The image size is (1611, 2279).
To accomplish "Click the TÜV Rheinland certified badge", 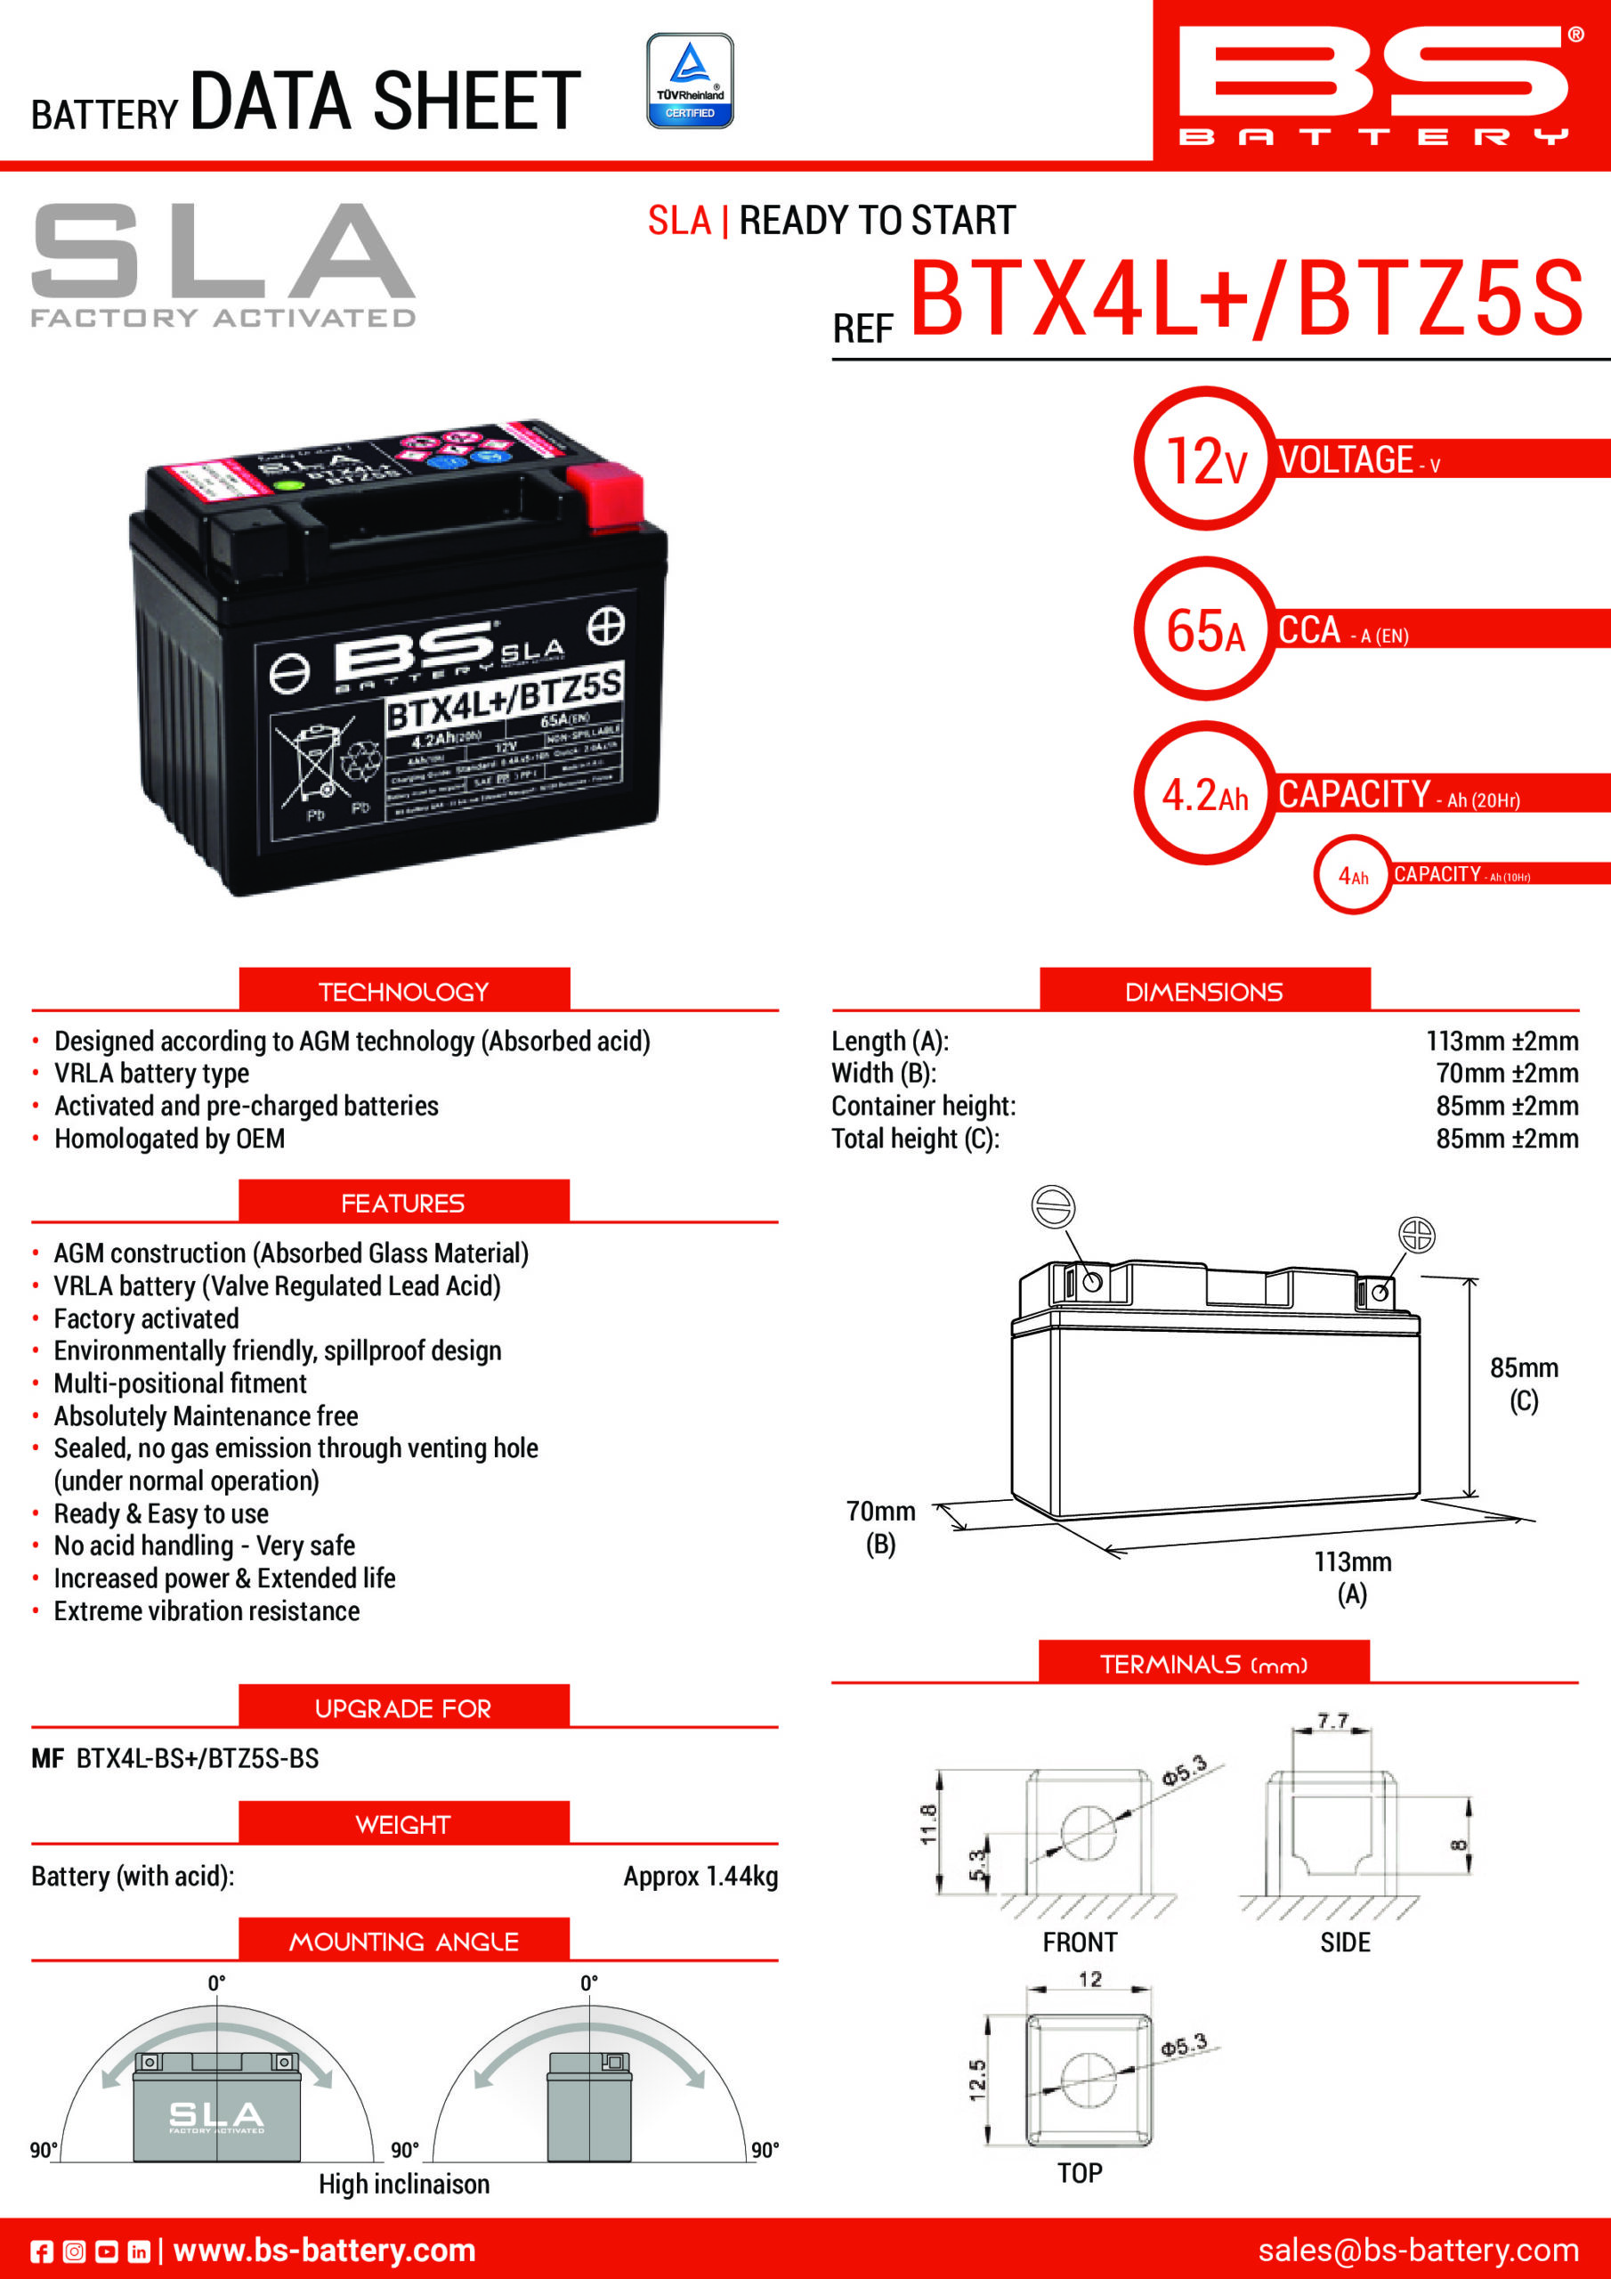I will click(x=690, y=81).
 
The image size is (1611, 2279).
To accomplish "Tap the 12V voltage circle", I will click(x=1205, y=458).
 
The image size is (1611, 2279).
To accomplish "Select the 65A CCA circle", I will click(x=1205, y=629).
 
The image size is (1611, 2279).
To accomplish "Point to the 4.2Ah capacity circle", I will click(x=1205, y=794).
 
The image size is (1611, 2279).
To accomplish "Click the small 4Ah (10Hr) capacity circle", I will click(x=1352, y=874).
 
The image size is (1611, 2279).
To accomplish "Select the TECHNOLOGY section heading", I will click(x=404, y=991).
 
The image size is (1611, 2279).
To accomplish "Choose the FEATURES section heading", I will click(x=403, y=1203).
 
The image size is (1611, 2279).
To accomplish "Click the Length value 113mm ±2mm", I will click(x=1501, y=1042).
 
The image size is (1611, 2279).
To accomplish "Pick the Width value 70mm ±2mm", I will click(x=1506, y=1073).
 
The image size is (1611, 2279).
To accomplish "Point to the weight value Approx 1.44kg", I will click(x=700, y=1876).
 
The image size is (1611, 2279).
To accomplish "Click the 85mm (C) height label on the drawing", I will click(x=1523, y=1383).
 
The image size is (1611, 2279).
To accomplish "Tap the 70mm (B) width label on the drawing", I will click(x=880, y=1527).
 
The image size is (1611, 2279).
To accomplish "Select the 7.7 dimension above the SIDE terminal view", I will click(x=1332, y=1720).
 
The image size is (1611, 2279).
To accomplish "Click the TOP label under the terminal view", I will click(x=1079, y=2173).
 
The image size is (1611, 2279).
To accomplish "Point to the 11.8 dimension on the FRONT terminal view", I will click(x=928, y=1824).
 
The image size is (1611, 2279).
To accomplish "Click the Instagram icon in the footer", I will click(x=75, y=2251).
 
